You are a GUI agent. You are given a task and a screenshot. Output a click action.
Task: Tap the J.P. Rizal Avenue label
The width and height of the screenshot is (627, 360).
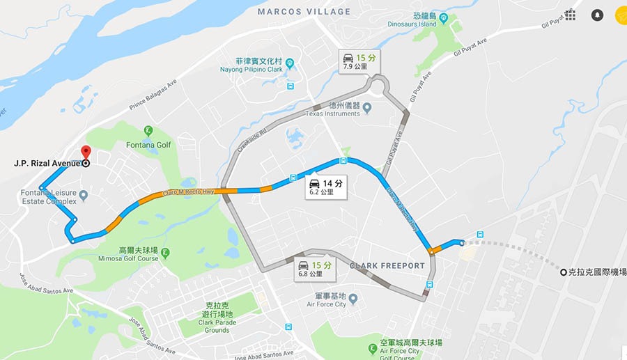pos(47,164)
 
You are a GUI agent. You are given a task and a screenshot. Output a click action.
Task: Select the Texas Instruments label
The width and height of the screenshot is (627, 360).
pos(333,114)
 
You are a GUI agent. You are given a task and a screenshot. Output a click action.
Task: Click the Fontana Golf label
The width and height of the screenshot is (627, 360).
pos(147,145)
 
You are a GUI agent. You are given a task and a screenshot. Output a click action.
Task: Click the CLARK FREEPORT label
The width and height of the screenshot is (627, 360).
pos(387,266)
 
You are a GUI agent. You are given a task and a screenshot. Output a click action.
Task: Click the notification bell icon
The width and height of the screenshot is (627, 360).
pos(597,15)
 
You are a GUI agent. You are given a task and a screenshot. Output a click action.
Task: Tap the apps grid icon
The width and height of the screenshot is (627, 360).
pos(570,15)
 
